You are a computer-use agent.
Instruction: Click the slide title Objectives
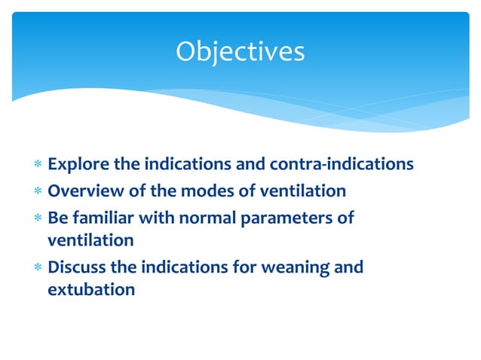coord(240,51)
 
